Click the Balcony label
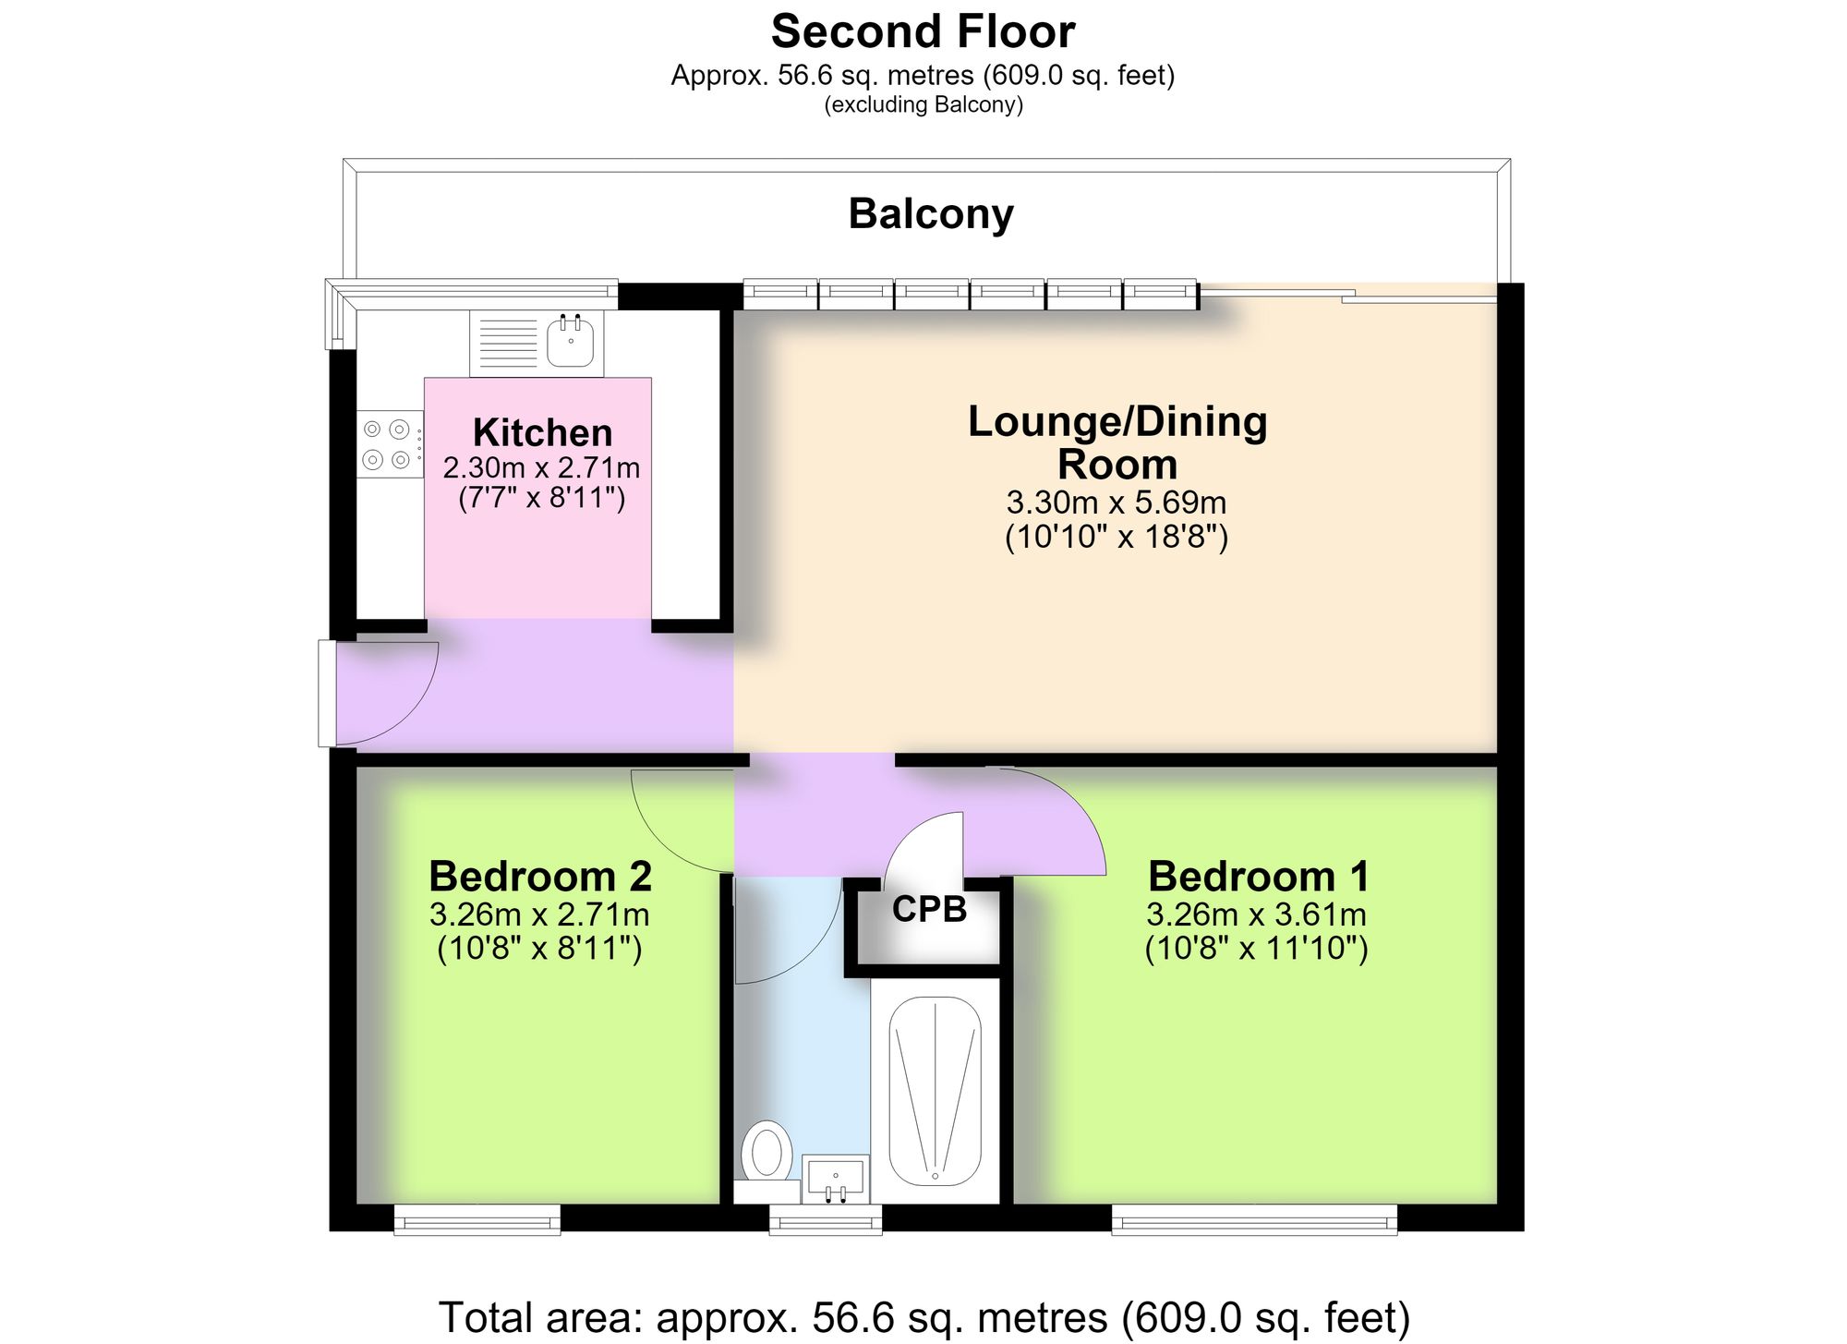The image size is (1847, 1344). coord(931,215)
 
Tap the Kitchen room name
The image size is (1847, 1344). coord(542,432)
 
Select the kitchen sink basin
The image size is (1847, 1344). coord(571,341)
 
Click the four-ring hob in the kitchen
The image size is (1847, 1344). coord(387,443)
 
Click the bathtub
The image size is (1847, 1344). coord(935,1090)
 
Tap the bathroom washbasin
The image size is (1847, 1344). coord(836,1179)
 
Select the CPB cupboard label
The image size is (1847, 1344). coord(929,910)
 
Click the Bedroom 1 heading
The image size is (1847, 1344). coord(1258,876)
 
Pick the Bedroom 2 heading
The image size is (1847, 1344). coord(540,876)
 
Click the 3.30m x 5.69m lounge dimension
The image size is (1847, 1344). coord(1117,502)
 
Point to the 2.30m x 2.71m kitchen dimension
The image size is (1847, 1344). coord(541,467)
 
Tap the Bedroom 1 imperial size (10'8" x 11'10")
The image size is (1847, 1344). coord(1257,949)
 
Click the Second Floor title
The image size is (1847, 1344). coord(923,31)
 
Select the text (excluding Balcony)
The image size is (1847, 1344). coord(923,104)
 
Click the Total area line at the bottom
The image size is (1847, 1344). coord(923,1317)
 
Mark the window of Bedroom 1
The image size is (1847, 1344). coord(1254,1219)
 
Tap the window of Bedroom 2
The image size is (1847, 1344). coord(477,1219)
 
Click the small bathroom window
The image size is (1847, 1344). coord(826,1219)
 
